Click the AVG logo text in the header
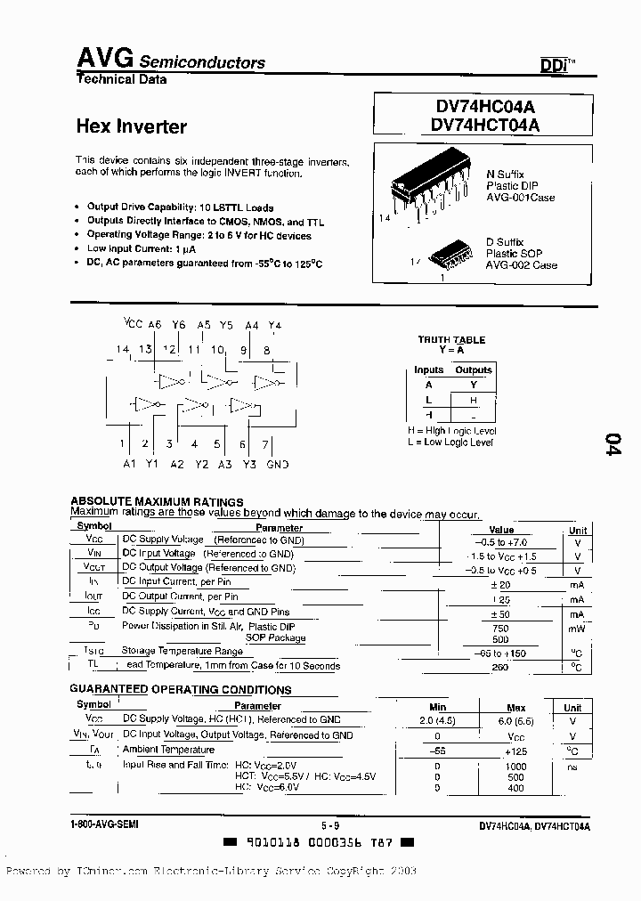point(104,59)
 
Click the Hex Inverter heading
point(131,126)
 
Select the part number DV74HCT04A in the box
point(484,126)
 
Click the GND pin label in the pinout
point(278,465)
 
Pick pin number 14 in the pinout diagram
point(123,350)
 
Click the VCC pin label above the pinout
point(133,325)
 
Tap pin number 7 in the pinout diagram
point(264,443)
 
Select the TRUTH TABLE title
point(451,339)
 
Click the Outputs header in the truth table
point(474,369)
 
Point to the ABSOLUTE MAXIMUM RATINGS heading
point(157,502)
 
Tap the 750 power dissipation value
point(501,627)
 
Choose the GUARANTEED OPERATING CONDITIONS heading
point(181,690)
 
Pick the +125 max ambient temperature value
point(516,751)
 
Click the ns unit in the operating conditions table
point(572,766)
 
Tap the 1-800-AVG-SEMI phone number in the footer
point(104,825)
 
